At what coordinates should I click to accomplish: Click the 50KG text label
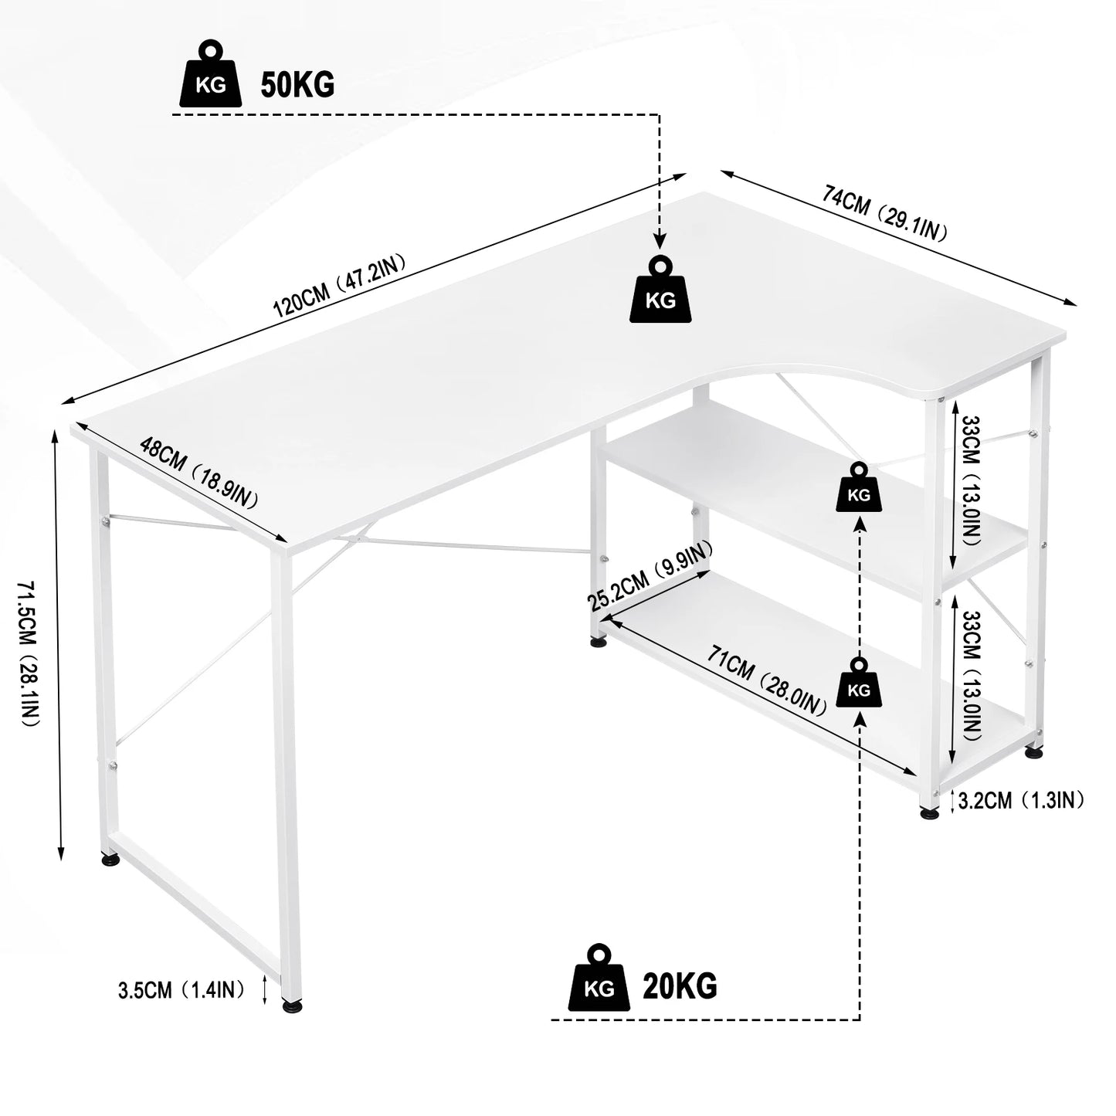click(x=297, y=84)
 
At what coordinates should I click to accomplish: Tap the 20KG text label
click(x=680, y=985)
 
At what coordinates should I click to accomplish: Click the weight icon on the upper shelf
click(x=858, y=487)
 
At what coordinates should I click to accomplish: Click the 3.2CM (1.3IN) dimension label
click(x=1020, y=800)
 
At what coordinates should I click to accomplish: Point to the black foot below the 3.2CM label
click(x=930, y=812)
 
